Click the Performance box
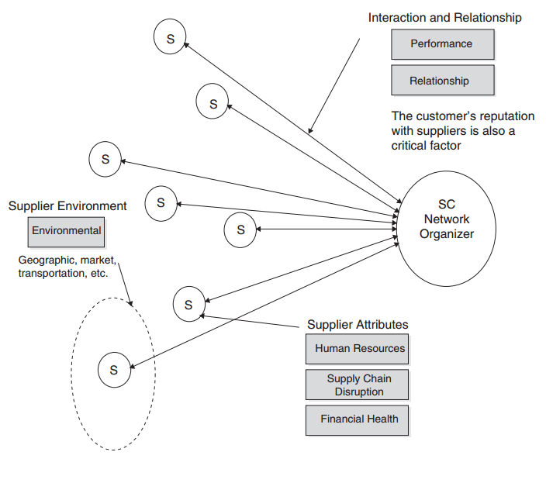tap(442, 44)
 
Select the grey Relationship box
tap(440, 81)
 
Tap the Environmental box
tap(67, 231)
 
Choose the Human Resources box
tap(357, 349)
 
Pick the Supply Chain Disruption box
tap(357, 385)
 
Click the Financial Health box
tap(357, 419)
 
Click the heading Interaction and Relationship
tap(444, 17)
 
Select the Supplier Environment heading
tap(67, 206)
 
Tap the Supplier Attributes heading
tap(358, 324)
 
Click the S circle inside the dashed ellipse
tap(113, 370)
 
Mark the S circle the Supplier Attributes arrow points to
tap(188, 305)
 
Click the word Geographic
tap(45, 260)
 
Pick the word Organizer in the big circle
tap(447, 233)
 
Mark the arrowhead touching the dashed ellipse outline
tap(131, 304)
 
